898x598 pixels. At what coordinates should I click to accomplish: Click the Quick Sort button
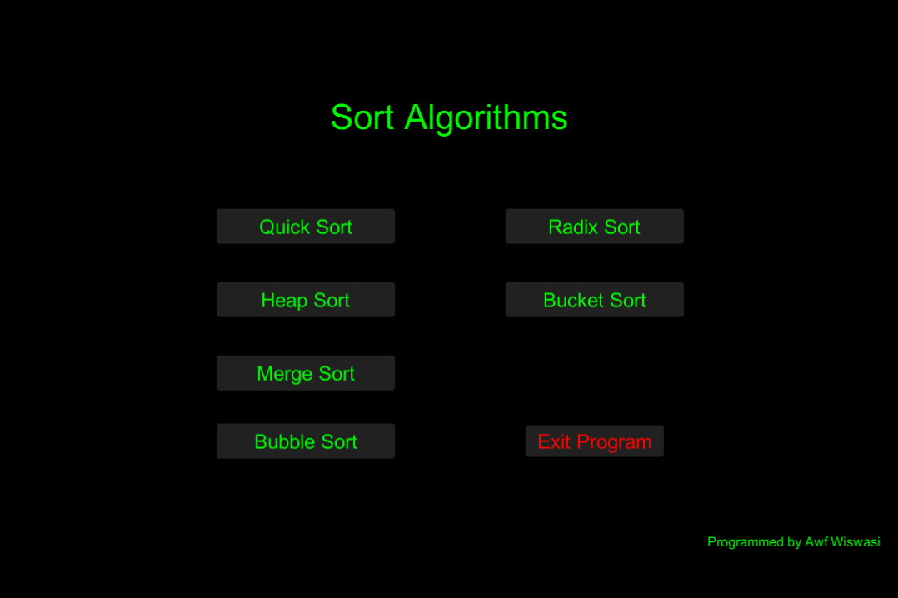click(x=305, y=227)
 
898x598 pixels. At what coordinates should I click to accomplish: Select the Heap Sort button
click(x=305, y=300)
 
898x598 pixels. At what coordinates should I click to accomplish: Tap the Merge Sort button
click(x=305, y=373)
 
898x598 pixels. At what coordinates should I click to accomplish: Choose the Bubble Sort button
click(x=305, y=441)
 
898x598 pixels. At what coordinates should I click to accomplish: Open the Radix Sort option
click(x=595, y=227)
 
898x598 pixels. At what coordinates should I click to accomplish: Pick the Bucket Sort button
click(x=595, y=300)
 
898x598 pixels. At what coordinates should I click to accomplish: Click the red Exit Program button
click(x=595, y=441)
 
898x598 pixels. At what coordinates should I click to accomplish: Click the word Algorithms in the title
click(x=486, y=118)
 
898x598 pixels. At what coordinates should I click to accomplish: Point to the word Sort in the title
click(x=362, y=118)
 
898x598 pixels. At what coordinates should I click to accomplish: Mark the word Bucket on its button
click(x=573, y=300)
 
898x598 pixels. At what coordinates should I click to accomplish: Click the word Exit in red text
click(x=554, y=441)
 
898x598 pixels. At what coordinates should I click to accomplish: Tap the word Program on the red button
click(x=614, y=443)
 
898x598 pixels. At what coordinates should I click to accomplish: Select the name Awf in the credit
click(x=816, y=542)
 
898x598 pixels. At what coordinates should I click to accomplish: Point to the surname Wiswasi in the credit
click(x=855, y=542)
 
